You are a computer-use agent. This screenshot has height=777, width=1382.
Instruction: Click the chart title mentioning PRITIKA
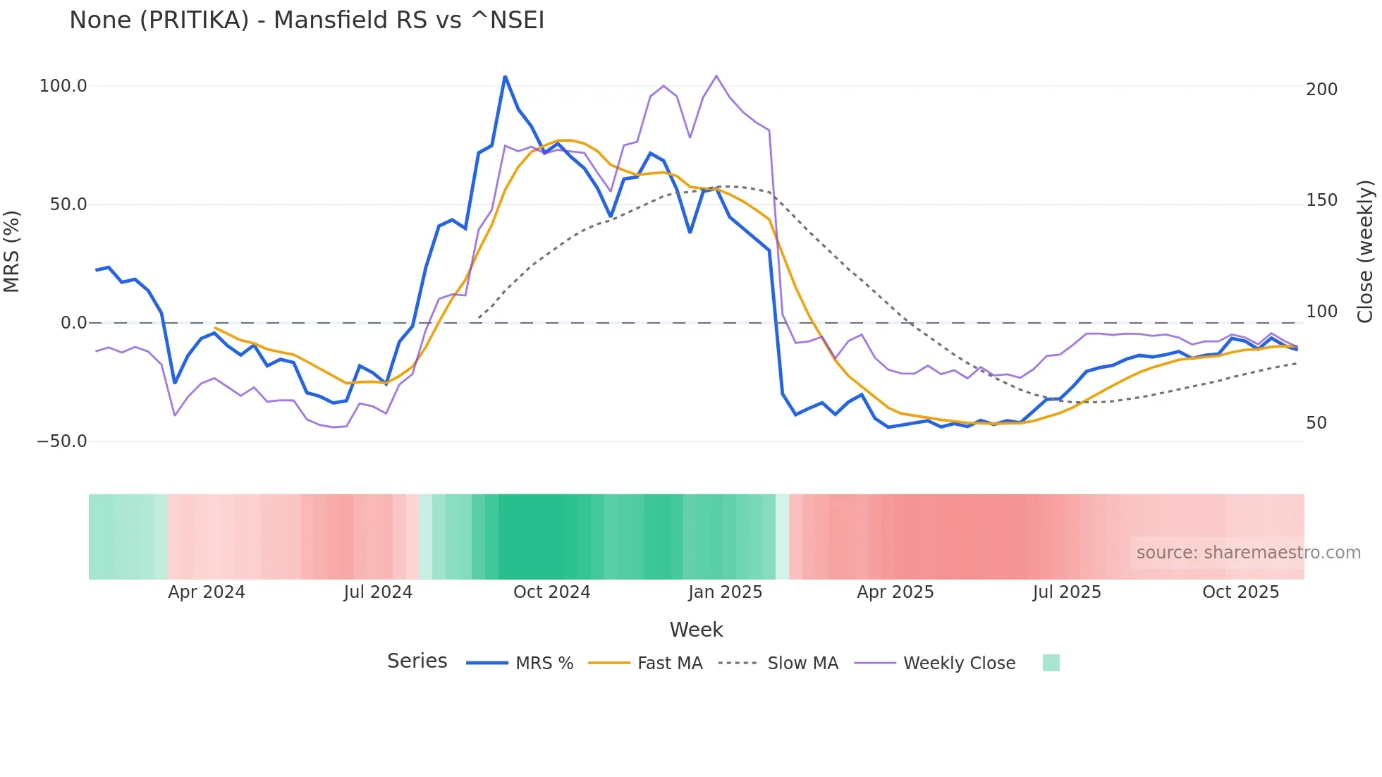coord(307,20)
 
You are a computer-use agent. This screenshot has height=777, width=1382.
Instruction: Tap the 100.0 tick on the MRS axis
coord(63,86)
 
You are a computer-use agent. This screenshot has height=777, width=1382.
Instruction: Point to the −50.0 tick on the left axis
coord(62,441)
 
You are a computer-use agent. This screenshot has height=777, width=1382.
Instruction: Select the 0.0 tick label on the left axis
coord(74,323)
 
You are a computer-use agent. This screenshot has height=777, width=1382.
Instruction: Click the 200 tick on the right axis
coord(1321,90)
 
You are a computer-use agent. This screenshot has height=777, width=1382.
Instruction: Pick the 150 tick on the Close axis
coord(1321,200)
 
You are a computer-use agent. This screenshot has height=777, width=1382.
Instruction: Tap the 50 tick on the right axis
coord(1316,423)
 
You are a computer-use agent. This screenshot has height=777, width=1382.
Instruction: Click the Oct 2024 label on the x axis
coord(551,592)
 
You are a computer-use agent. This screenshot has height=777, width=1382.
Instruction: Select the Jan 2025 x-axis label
coord(725,592)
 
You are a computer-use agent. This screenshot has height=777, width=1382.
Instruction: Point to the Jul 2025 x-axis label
coord(1067,592)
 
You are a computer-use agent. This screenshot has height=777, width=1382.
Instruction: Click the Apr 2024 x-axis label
coord(207,592)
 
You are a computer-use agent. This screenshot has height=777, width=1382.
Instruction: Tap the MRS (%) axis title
coord(12,252)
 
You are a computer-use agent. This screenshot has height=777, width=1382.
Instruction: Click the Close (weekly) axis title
coord(1365,252)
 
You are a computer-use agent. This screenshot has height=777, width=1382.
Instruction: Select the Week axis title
coord(696,630)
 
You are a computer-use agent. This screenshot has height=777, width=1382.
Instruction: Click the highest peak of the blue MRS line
coord(505,76)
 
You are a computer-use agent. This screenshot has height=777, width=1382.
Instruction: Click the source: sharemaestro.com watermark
coord(1248,553)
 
